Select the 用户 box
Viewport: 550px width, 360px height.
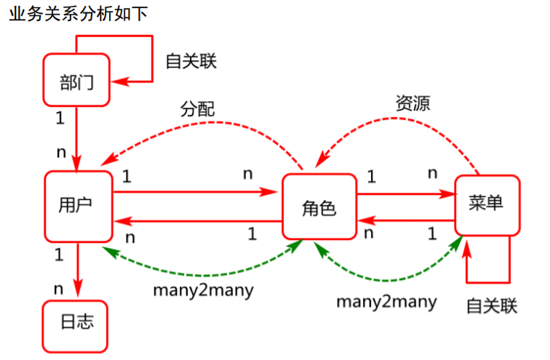tap(78, 207)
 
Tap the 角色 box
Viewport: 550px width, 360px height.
tap(319, 207)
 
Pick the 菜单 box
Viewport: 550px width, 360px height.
tap(487, 204)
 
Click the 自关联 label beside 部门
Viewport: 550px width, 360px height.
tap(191, 60)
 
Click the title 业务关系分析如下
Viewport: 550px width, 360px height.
tap(78, 14)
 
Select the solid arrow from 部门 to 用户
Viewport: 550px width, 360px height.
tap(76, 138)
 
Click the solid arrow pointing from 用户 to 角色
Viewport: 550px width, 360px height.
tap(196, 193)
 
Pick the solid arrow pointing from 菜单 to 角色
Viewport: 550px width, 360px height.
tap(407, 220)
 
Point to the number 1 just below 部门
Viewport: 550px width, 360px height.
tap(60, 116)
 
